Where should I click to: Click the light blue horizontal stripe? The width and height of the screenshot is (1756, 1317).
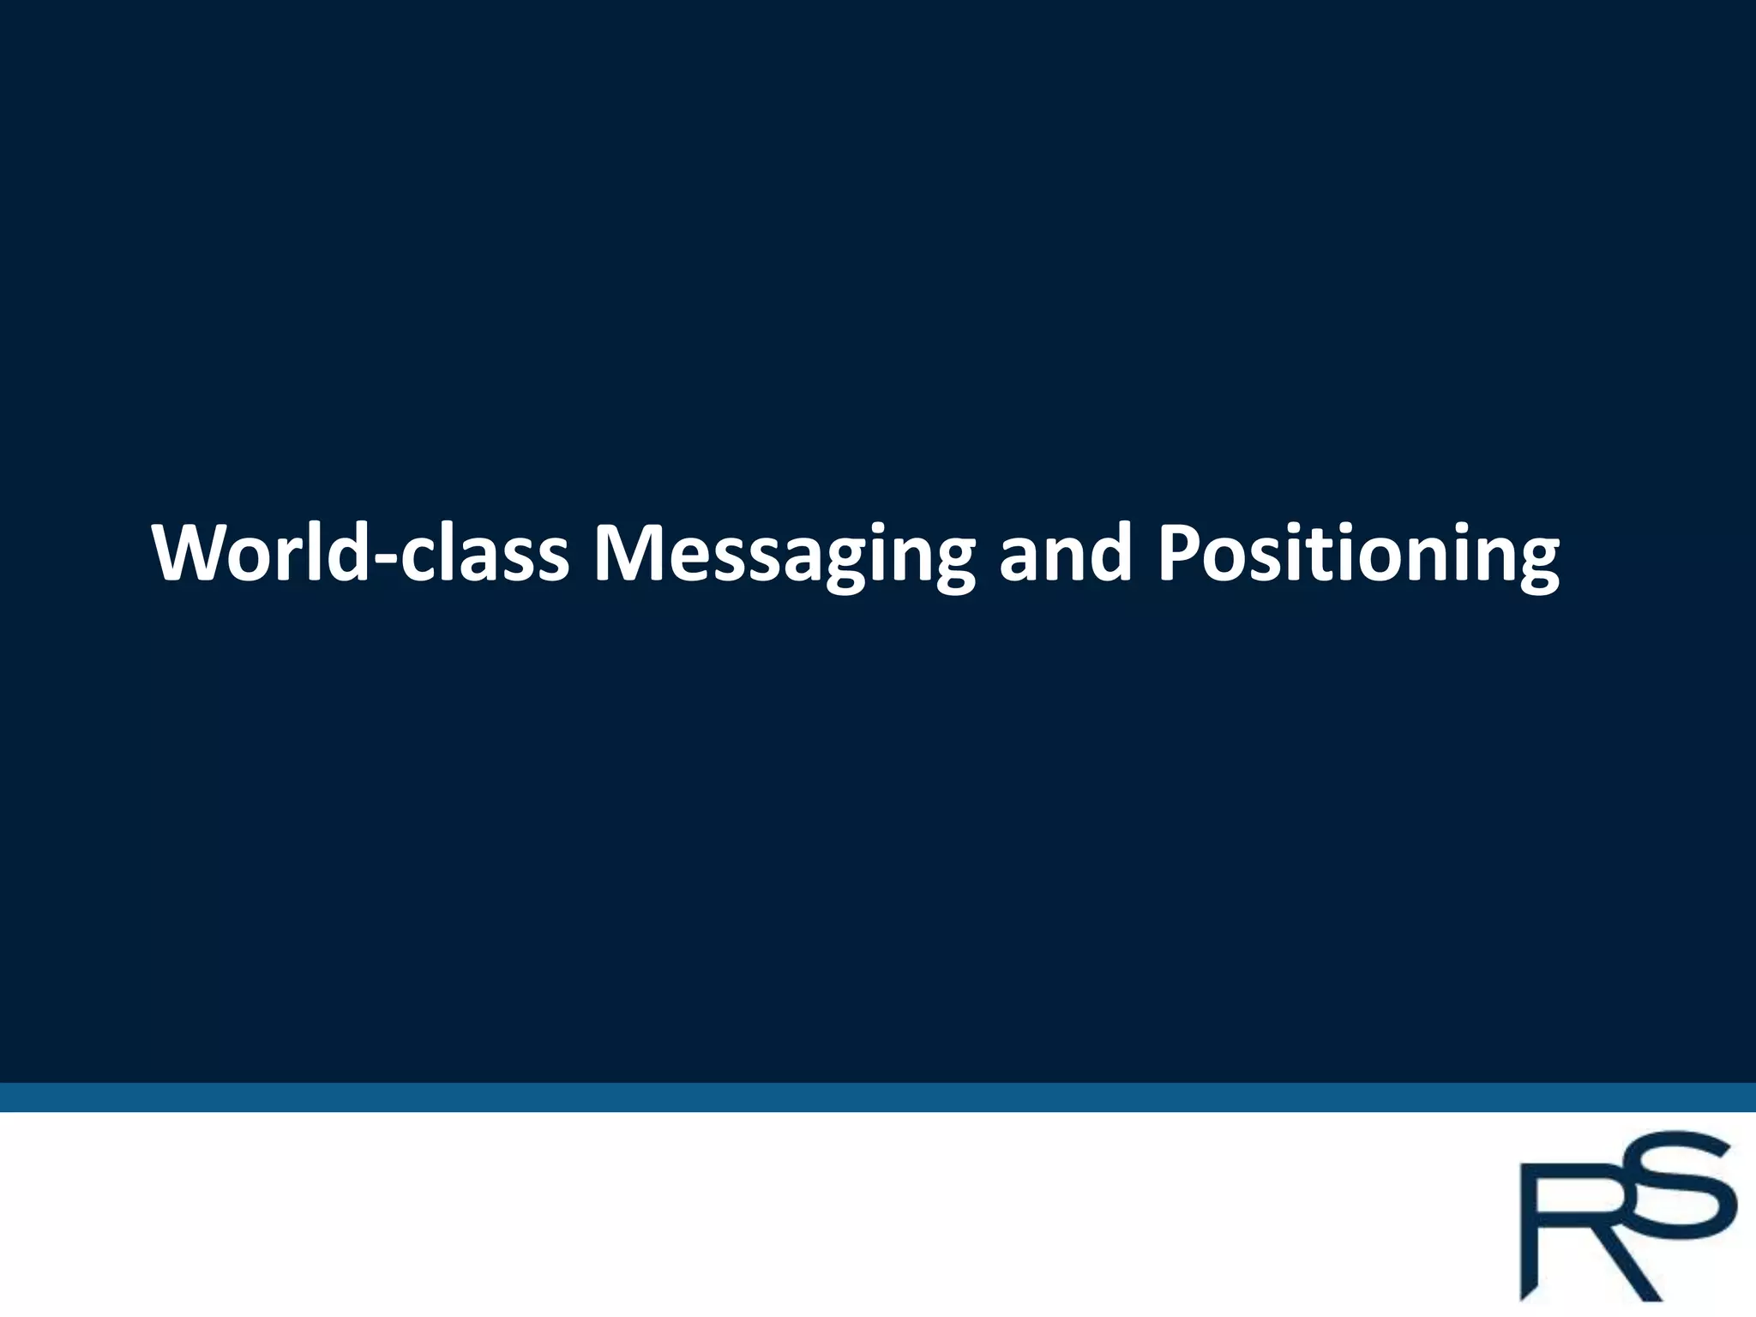878,1097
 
